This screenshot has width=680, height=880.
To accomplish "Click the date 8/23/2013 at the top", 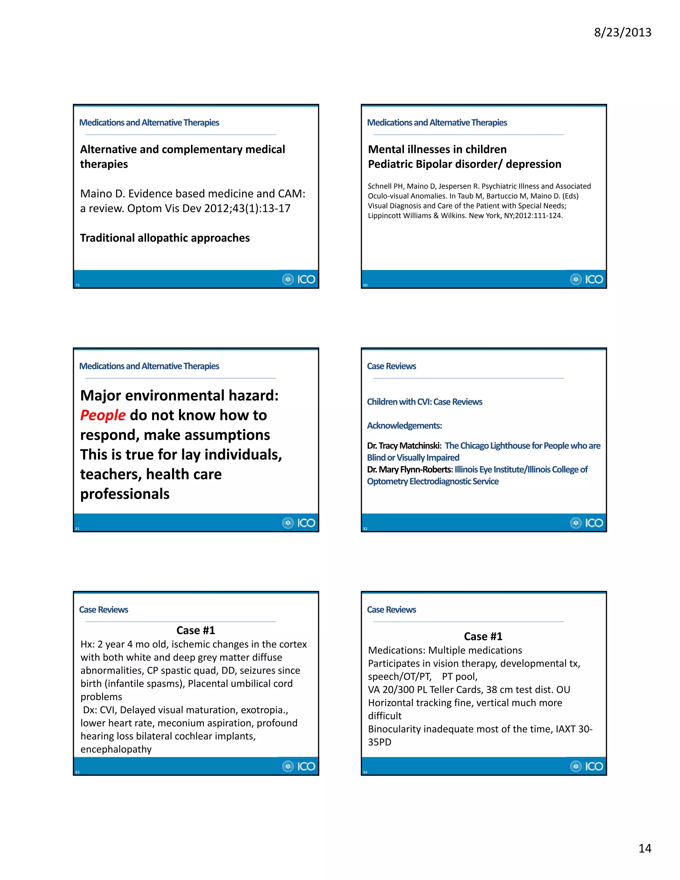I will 623,32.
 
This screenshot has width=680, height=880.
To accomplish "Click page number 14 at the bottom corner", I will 644,848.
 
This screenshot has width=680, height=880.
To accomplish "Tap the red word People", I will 103,415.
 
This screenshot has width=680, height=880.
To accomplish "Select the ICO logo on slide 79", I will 299,279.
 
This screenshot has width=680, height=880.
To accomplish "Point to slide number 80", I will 365,285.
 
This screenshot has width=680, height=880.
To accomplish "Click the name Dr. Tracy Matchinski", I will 404,446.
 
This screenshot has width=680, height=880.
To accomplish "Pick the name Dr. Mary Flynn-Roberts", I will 410,470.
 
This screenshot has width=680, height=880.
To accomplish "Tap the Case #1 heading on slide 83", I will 196,630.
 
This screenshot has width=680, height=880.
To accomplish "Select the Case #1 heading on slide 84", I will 483,636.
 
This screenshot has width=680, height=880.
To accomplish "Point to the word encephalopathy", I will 116,749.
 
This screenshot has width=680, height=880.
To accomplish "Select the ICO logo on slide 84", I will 587,766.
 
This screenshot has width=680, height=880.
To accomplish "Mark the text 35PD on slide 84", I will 380,742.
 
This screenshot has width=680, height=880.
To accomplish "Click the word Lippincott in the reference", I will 385,216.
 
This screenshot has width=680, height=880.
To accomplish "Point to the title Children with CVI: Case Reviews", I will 425,402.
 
